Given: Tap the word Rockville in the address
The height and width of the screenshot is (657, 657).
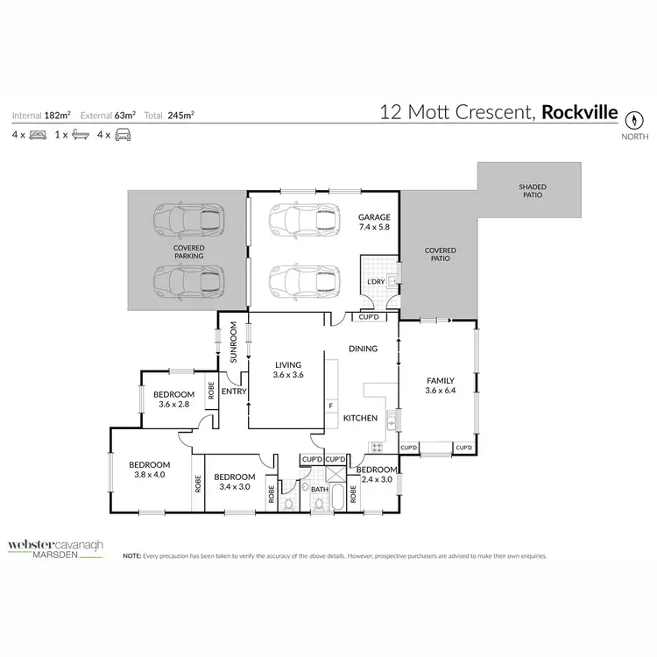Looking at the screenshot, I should (580, 112).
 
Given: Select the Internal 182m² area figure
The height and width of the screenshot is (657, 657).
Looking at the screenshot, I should (41, 115).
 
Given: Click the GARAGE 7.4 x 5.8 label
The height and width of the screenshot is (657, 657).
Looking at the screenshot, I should (373, 222).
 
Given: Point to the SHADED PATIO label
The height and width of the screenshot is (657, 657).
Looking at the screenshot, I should (530, 190).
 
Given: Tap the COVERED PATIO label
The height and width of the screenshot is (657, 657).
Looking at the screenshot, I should (440, 255).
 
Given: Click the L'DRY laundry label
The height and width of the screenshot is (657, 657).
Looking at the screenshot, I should (376, 281).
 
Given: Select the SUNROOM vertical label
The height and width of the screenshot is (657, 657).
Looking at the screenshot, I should (234, 343).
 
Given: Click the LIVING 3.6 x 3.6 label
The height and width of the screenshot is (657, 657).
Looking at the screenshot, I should (287, 371).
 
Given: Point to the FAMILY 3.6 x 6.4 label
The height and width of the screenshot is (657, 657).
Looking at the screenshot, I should (440, 386).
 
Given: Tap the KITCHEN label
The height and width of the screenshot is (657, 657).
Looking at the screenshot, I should (359, 418).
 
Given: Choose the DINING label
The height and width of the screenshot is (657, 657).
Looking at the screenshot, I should (363, 349).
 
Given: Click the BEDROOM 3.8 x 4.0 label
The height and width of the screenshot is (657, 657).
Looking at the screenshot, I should (149, 470).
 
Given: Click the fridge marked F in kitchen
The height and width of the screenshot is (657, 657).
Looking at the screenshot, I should (330, 406).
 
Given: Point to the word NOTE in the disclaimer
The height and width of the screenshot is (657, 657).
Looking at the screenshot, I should (131, 555).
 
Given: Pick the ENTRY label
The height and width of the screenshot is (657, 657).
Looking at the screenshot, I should (234, 392).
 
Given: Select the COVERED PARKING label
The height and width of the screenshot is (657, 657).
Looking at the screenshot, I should (188, 252).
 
